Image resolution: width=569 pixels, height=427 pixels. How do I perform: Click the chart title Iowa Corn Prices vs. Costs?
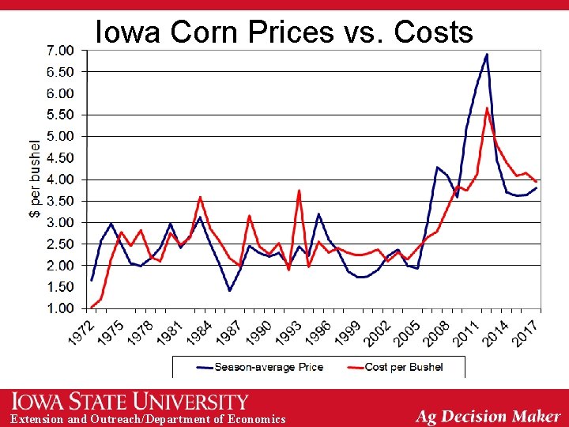(284, 32)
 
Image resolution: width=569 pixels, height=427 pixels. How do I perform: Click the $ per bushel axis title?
(35, 179)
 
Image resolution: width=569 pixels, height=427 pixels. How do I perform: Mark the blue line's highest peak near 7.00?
(487, 55)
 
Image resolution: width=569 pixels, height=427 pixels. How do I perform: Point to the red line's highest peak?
(487, 108)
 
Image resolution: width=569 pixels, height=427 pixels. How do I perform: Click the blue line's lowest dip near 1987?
(230, 290)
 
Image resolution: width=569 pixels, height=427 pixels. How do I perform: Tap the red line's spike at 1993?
(300, 191)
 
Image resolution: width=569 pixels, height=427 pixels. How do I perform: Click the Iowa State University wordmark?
(130, 402)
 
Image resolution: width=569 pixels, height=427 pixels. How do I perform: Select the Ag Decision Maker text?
(488, 416)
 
